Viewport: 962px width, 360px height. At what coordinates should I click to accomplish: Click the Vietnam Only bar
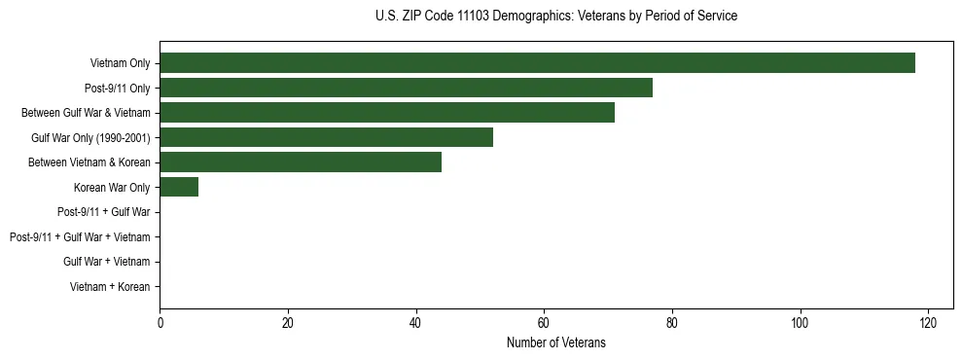[x=537, y=63]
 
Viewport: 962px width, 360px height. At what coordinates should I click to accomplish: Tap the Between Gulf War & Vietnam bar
[x=387, y=113]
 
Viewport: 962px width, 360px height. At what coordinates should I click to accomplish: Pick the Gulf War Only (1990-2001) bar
[x=326, y=137]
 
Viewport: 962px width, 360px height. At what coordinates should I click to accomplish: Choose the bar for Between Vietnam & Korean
[x=301, y=162]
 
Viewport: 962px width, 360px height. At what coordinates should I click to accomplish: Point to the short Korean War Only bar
[x=179, y=187]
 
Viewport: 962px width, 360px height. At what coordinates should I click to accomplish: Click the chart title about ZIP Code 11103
[x=555, y=17]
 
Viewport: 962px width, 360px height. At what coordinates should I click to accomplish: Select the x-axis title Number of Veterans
[x=555, y=342]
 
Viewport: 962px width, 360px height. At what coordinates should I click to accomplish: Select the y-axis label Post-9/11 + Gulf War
[x=103, y=212]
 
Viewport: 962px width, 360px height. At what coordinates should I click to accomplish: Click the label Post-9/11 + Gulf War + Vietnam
[x=80, y=237]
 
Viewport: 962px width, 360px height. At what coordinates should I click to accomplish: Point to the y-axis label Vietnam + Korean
[x=110, y=287]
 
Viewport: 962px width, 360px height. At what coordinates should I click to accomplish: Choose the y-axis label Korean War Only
[x=112, y=188]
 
